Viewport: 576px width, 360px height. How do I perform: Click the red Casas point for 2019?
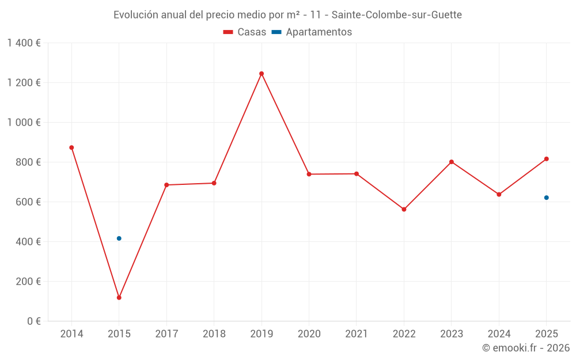tap(262, 74)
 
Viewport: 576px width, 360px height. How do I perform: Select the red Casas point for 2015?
tap(119, 298)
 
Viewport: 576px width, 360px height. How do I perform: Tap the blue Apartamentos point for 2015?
tap(119, 238)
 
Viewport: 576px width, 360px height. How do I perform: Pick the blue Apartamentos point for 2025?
tap(547, 198)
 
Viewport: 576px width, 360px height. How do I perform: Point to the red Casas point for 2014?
tap(71, 147)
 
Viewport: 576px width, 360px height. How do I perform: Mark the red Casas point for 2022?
tap(404, 209)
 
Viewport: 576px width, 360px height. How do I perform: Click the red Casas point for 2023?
tap(452, 162)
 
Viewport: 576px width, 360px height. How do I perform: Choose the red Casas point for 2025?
tap(547, 159)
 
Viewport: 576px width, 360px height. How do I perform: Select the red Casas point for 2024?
tap(499, 194)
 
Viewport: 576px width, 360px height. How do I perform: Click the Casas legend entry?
tap(245, 32)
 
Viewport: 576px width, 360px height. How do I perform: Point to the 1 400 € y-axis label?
tap(24, 43)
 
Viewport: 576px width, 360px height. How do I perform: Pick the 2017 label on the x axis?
tap(166, 334)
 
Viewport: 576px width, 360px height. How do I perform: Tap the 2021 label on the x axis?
tap(357, 334)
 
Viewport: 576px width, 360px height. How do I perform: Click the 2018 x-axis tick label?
tap(214, 334)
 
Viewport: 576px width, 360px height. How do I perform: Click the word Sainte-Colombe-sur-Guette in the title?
tap(396, 15)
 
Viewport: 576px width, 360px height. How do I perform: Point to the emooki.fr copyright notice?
tap(526, 348)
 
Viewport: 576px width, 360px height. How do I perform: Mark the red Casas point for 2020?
tap(309, 174)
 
